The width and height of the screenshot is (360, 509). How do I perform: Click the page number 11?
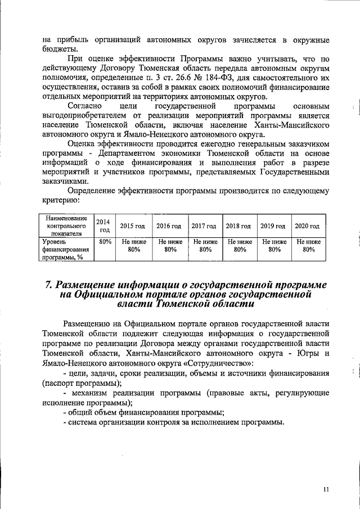[326, 489]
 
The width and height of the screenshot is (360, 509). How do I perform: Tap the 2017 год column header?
[204, 226]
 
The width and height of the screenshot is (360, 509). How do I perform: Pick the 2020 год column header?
[307, 226]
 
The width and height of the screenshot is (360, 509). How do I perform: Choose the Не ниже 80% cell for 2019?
[273, 246]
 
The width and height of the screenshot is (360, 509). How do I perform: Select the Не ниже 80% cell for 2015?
[133, 246]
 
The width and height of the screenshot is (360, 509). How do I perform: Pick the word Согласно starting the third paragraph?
[84, 106]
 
